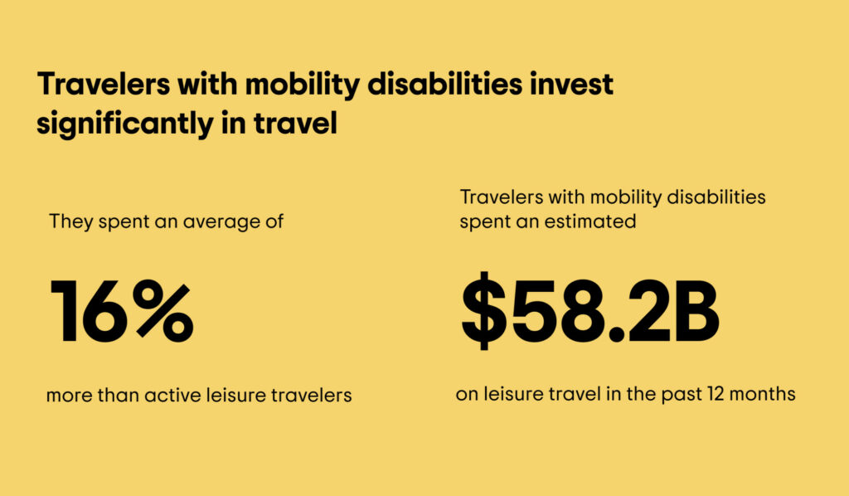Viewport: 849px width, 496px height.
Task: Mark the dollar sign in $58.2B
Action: click(484, 311)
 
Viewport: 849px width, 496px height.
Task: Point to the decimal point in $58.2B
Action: click(615, 335)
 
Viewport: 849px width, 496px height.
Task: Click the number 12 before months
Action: click(716, 394)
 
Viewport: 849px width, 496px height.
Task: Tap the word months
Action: click(763, 394)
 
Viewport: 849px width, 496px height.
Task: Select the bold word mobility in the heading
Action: click(302, 85)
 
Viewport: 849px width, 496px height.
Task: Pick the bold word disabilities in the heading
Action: click(445, 85)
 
